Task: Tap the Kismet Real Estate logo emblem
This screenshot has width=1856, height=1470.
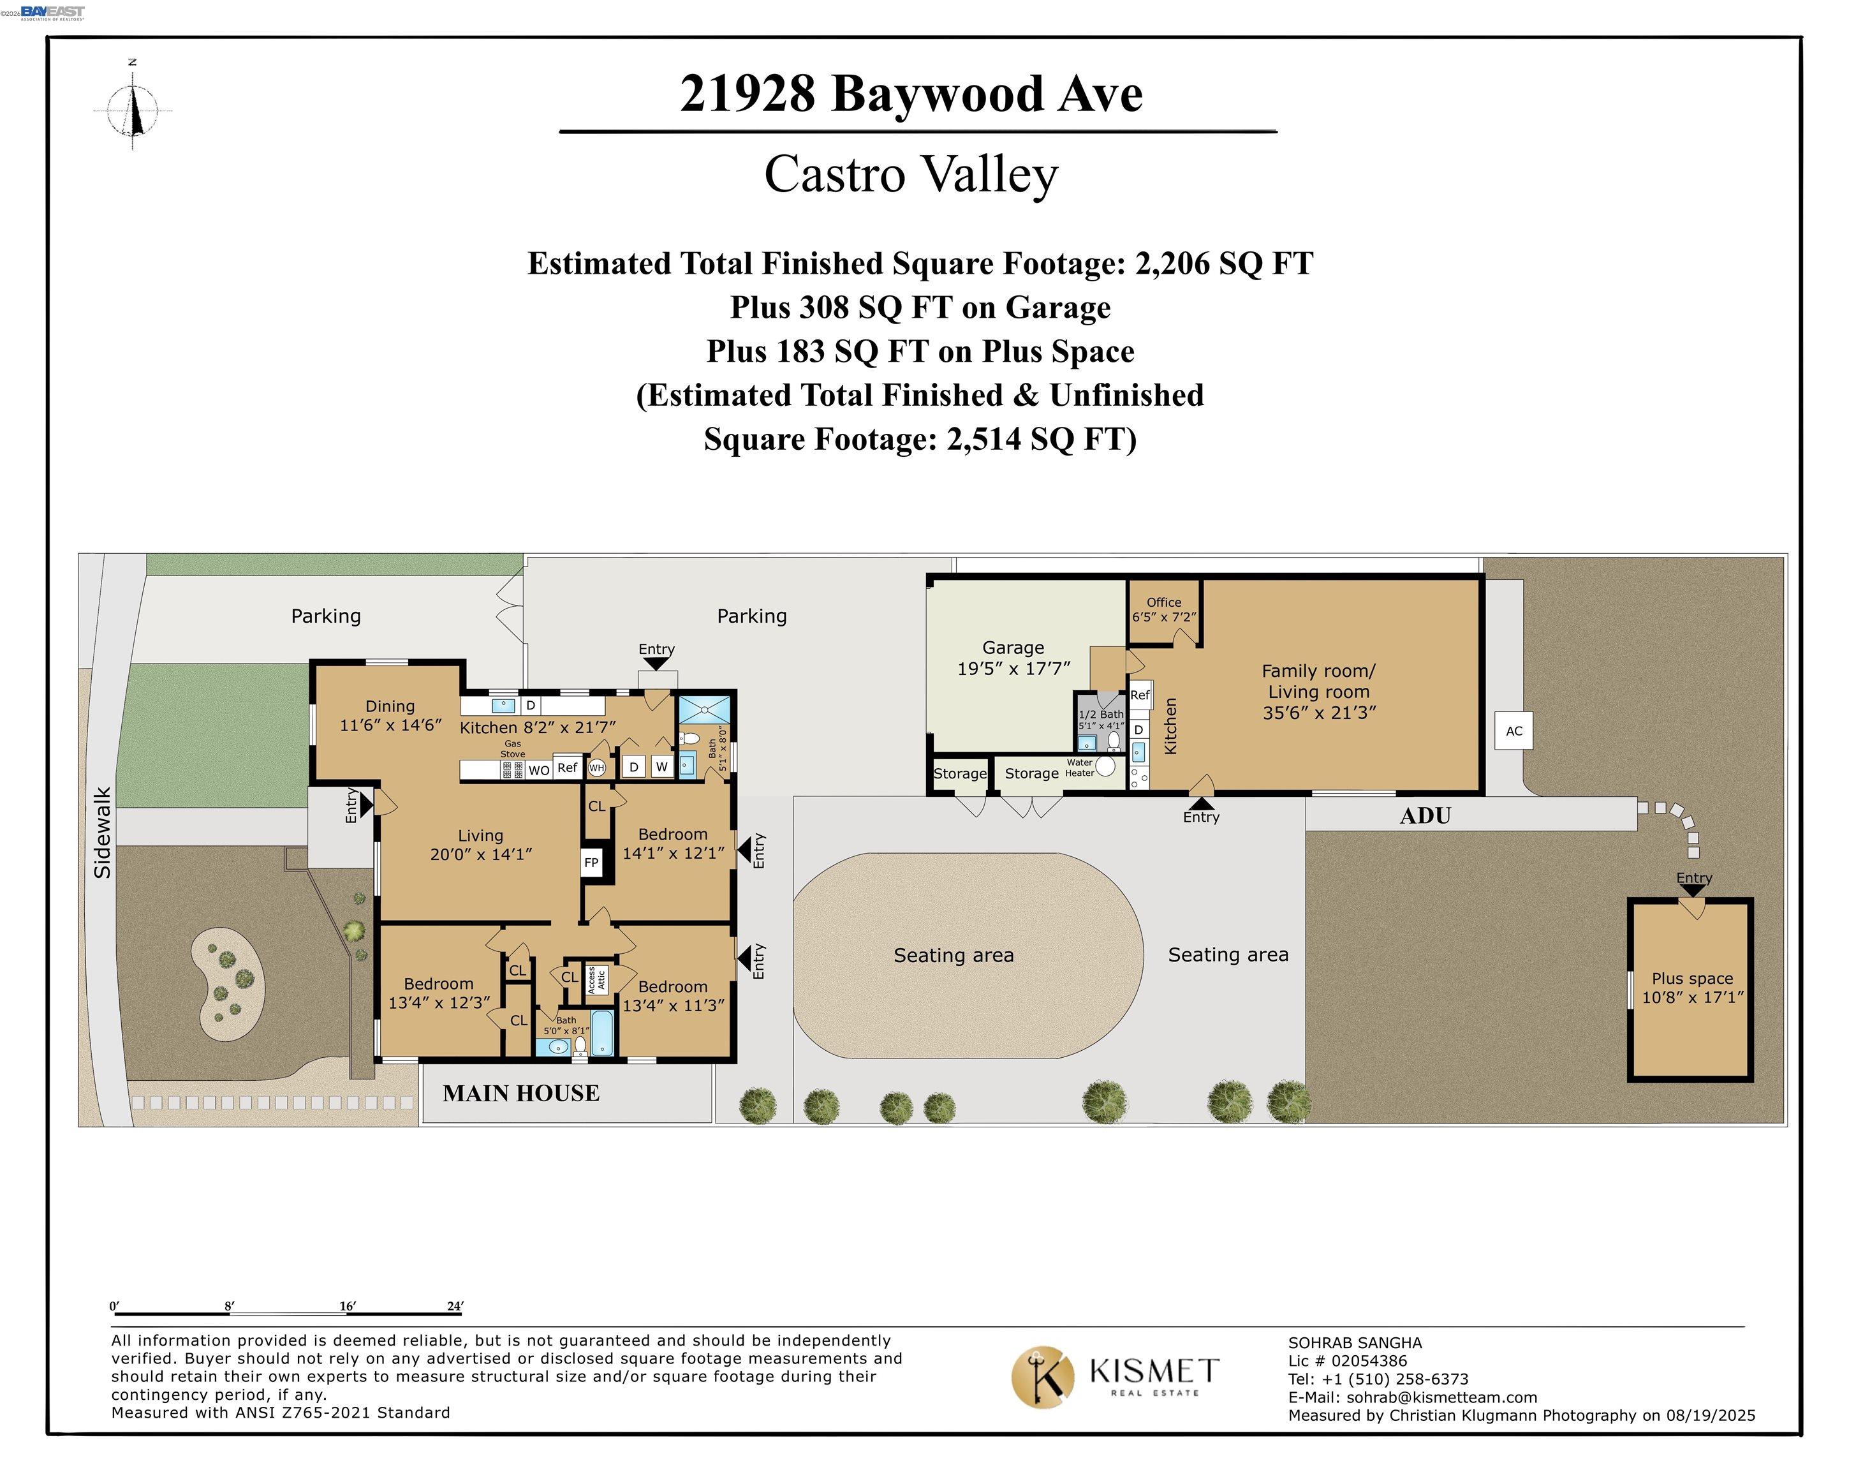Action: click(1042, 1377)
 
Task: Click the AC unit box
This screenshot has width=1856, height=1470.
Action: click(1514, 731)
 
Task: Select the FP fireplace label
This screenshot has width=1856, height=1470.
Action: click(591, 863)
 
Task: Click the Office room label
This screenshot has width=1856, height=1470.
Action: click(1163, 602)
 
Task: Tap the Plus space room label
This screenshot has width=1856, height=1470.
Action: click(1691, 979)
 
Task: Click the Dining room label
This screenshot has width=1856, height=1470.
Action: click(390, 706)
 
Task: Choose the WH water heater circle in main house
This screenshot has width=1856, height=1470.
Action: click(596, 768)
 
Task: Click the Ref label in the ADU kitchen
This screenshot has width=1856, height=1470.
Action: click(1140, 695)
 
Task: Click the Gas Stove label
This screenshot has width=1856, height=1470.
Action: click(513, 749)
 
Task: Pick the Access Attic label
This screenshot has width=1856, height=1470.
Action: click(596, 979)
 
